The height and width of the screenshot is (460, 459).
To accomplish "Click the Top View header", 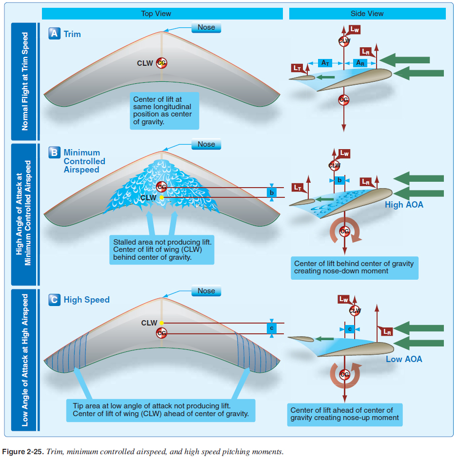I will click(156, 14).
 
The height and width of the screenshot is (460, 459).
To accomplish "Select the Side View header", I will click(367, 14).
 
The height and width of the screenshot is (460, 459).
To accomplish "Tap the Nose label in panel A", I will click(206, 27).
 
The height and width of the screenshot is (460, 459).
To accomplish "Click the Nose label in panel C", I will click(206, 291).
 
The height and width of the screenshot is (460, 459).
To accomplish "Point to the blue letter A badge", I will click(55, 34).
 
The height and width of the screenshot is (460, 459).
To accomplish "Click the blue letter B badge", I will click(55, 153).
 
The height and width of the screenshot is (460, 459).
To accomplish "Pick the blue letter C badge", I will click(55, 300).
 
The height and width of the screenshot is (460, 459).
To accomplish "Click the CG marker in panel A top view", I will click(161, 63).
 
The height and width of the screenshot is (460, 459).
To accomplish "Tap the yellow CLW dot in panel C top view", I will click(161, 323).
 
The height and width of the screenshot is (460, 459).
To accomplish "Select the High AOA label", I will click(404, 205).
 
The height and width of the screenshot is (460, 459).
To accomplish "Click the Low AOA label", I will click(404, 359).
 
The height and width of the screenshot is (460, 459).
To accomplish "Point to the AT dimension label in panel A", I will click(325, 63).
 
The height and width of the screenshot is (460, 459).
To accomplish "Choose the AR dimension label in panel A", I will click(360, 63).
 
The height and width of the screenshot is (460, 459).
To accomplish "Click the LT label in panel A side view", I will click(297, 68).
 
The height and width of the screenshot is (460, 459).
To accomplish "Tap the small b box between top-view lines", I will click(272, 192).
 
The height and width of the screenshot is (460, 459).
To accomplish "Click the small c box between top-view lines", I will click(272, 328).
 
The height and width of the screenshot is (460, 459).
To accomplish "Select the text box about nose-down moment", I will click(354, 267).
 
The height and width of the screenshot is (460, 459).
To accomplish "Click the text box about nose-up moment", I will click(345, 414).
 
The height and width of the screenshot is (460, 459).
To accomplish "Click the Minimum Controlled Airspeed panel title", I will click(84, 161).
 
